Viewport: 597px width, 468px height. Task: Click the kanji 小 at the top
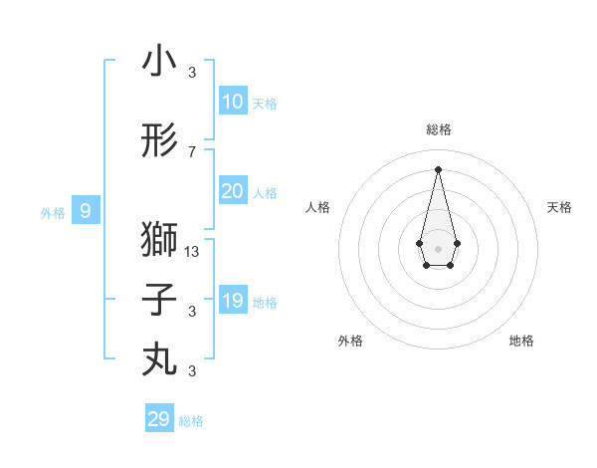click(159, 62)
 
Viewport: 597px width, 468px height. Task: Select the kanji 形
click(159, 142)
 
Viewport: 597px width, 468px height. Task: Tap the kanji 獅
click(159, 239)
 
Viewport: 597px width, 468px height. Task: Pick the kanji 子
click(159, 300)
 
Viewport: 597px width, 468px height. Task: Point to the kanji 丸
click(159, 358)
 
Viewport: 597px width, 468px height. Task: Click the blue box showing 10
click(232, 102)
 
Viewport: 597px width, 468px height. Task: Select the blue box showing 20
click(232, 191)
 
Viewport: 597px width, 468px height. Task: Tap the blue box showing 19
click(232, 301)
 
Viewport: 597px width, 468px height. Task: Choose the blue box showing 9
click(87, 211)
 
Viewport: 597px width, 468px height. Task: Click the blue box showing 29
click(159, 419)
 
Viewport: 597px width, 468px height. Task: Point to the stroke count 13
click(192, 252)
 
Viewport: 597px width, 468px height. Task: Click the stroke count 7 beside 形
click(192, 152)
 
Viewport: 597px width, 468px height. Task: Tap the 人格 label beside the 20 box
click(265, 193)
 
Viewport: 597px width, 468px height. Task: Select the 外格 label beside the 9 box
click(53, 212)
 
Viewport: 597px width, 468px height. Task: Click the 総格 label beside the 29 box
click(191, 421)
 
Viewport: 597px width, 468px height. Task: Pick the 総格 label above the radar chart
click(438, 129)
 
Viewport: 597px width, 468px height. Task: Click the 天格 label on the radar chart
click(559, 207)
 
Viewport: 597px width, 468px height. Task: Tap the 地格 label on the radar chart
click(521, 341)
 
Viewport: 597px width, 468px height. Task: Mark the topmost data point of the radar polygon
click(438, 168)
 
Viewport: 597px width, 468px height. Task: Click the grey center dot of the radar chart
click(438, 247)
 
